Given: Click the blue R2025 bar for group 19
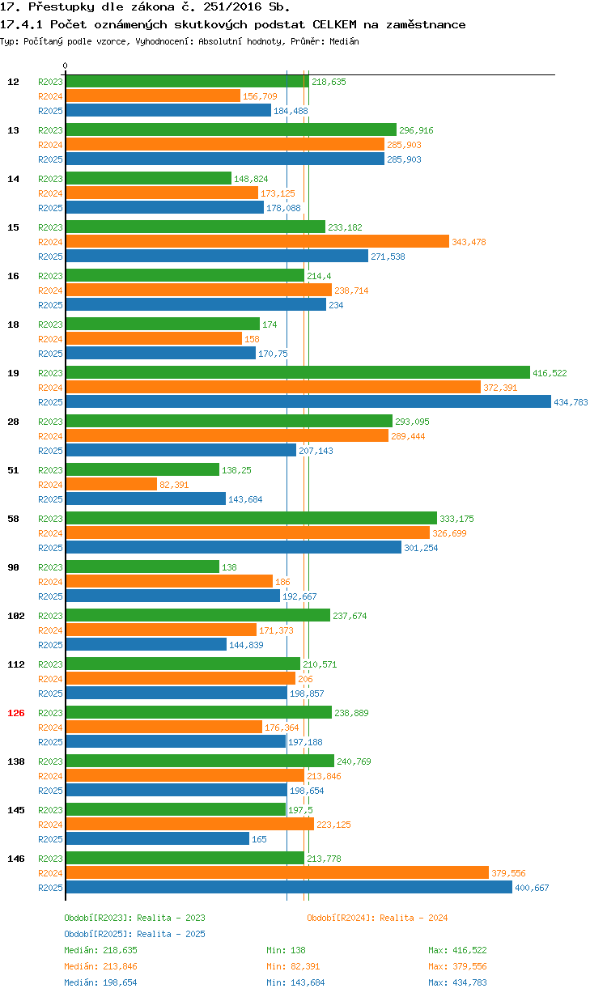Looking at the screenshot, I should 308,402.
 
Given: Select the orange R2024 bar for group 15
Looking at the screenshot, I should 257,242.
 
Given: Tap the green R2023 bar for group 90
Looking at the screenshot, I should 142,567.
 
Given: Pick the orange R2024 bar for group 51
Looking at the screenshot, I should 112,485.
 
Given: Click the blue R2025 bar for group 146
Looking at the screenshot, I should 289,888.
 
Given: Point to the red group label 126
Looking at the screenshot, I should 16,713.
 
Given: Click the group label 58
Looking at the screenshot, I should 14,519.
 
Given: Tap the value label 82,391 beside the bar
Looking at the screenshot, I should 176,485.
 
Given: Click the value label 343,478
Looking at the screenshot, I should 469,242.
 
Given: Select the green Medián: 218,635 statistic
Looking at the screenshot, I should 101,950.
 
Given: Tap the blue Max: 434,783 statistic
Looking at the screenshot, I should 457,982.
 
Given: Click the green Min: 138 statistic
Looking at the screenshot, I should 286,950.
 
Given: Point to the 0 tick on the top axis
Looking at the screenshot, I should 66,66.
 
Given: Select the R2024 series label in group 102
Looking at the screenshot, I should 50,630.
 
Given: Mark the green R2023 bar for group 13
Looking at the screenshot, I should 231,130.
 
